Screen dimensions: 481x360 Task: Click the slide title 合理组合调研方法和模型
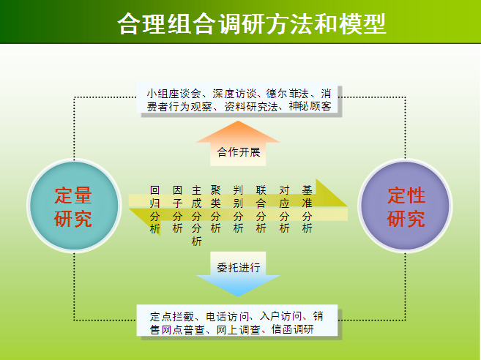click(x=252, y=23)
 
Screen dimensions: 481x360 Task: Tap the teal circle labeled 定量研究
click(x=74, y=206)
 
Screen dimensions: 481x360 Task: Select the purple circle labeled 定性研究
click(x=405, y=206)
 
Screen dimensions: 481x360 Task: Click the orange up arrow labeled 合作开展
click(x=238, y=143)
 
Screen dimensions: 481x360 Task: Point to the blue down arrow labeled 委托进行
click(x=238, y=274)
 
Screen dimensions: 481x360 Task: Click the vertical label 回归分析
click(x=155, y=209)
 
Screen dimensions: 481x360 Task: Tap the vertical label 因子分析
click(x=178, y=209)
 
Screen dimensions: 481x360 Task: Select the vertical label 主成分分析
click(x=197, y=216)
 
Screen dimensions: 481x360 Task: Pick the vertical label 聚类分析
click(x=216, y=209)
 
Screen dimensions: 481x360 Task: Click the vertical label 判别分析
click(x=239, y=209)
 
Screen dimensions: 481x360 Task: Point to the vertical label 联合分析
click(x=261, y=209)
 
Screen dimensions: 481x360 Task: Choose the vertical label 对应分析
click(x=284, y=209)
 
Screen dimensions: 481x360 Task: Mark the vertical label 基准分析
click(x=307, y=209)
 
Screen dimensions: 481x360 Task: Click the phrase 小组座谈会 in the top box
click(x=174, y=93)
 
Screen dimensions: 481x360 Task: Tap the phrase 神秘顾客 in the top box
click(x=310, y=106)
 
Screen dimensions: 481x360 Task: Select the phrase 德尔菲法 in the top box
click(x=288, y=93)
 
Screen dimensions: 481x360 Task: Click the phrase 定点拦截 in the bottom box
click(x=172, y=316)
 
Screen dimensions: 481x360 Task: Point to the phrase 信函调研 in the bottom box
click(x=293, y=329)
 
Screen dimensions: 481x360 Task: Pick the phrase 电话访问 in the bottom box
click(x=228, y=316)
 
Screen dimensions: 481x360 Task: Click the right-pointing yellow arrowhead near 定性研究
click(x=332, y=192)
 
